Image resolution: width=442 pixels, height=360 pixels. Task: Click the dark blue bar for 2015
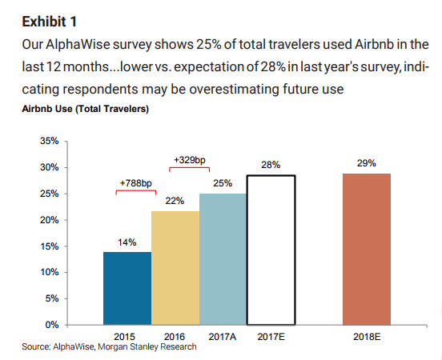127,288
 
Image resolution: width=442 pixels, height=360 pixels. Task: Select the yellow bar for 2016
175,267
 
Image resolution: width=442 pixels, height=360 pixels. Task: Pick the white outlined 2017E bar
271,250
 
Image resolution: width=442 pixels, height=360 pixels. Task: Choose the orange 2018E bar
367,249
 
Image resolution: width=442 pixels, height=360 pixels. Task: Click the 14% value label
127,242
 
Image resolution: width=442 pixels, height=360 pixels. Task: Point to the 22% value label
175,201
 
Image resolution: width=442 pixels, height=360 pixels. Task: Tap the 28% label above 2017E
271,165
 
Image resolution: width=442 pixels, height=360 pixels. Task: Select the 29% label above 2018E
367,163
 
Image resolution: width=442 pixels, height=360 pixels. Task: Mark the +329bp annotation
190,160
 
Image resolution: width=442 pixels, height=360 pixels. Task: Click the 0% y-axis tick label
51,325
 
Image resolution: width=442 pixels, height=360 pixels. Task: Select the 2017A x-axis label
223,337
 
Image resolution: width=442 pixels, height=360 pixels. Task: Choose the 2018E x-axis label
367,337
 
